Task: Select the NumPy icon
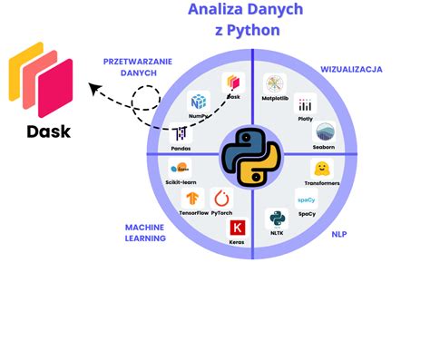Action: (x=199, y=102)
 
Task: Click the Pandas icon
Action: (x=181, y=133)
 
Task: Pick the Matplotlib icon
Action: (x=275, y=83)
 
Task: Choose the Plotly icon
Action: (x=305, y=106)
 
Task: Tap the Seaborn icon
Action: (x=323, y=133)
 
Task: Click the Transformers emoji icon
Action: (x=322, y=169)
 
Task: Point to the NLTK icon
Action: (x=276, y=219)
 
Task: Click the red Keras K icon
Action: (x=238, y=227)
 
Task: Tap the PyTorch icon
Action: (x=220, y=199)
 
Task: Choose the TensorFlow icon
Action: (x=192, y=199)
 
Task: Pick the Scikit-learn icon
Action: (x=181, y=168)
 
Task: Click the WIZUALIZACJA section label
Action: (x=352, y=69)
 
